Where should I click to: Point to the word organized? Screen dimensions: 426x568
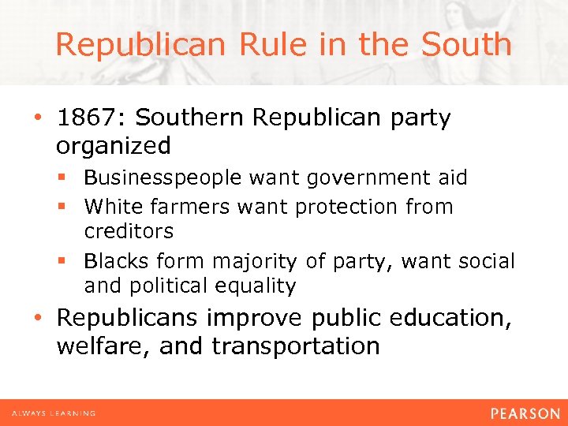tap(114, 146)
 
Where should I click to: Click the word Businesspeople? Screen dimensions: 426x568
tap(164, 178)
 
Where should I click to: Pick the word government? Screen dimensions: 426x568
tap(352, 178)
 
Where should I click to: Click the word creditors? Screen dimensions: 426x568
tap(129, 232)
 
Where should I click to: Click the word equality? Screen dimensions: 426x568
tap(256, 286)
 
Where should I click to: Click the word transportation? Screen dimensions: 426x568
tap(297, 346)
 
